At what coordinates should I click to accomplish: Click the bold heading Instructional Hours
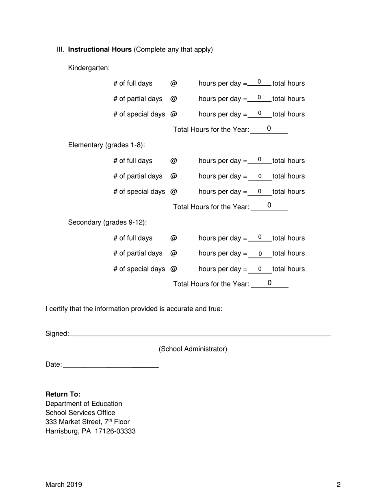(100, 49)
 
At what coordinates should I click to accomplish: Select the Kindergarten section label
(89, 68)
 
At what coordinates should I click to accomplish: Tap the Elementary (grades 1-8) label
(106, 145)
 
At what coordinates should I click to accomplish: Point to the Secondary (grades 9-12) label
(107, 222)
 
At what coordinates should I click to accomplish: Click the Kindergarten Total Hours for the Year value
(269, 129)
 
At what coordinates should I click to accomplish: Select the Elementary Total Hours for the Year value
(269, 206)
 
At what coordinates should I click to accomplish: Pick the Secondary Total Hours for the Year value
(269, 283)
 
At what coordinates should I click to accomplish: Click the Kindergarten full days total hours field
(259, 82)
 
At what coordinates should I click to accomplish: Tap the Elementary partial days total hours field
(260, 176)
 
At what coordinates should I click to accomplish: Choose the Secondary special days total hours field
(260, 269)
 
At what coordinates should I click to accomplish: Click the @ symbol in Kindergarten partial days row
(173, 99)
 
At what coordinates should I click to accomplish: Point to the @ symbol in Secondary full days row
(173, 238)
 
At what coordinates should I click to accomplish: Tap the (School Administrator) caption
(193, 349)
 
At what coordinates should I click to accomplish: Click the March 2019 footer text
(64, 484)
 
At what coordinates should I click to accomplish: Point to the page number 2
(338, 484)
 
